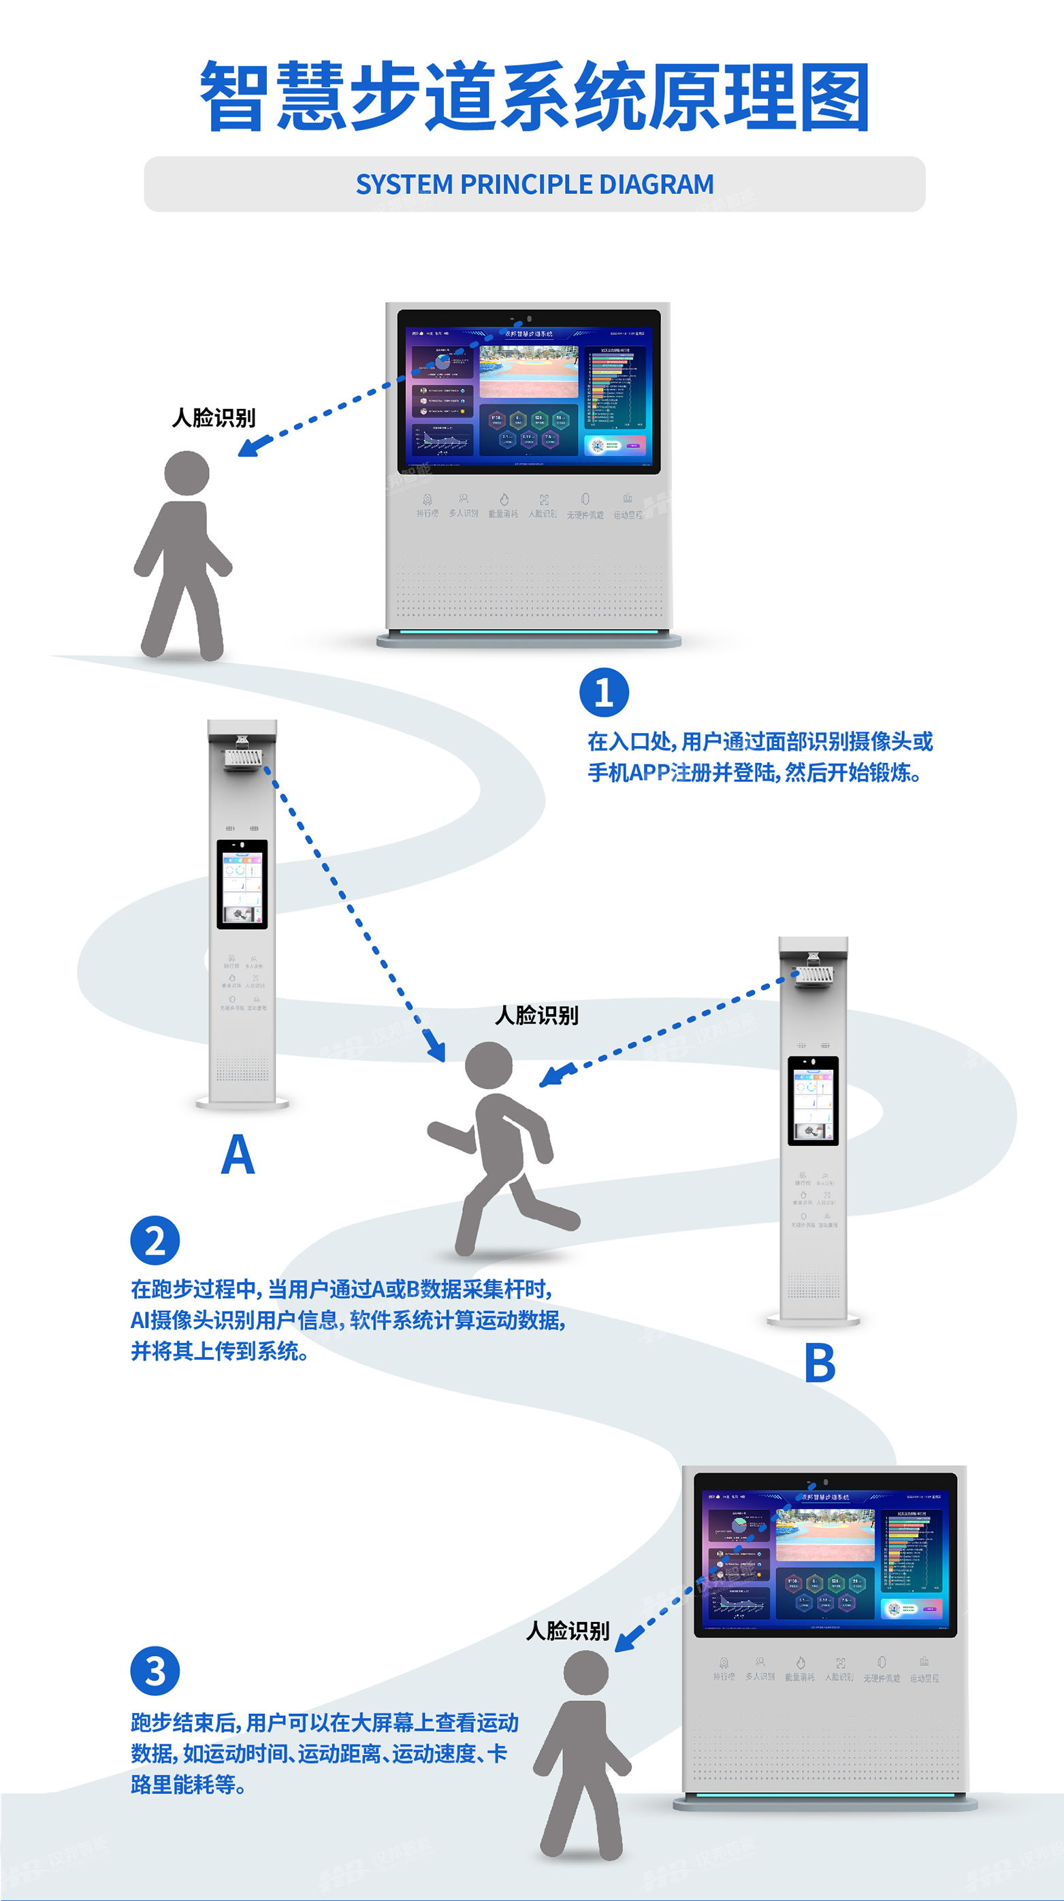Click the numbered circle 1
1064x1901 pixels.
(x=604, y=692)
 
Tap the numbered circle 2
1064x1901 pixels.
(x=155, y=1241)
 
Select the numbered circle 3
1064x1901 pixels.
(x=155, y=1671)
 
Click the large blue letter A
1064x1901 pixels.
(x=238, y=1154)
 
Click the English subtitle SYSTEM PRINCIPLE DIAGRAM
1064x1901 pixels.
(x=534, y=184)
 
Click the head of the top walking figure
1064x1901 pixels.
(x=187, y=473)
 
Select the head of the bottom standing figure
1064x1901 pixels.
(x=586, y=1673)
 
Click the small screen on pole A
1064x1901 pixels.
(x=242, y=883)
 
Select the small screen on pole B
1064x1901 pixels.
(x=813, y=1101)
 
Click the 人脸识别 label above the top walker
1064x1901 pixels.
(x=213, y=419)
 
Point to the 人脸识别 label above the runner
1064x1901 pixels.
(x=536, y=1016)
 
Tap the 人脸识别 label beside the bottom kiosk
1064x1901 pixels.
(x=568, y=1631)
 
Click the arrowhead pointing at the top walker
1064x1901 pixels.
(x=248, y=447)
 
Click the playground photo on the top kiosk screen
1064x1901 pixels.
(x=528, y=371)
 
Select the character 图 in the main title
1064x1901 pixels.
(x=835, y=97)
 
